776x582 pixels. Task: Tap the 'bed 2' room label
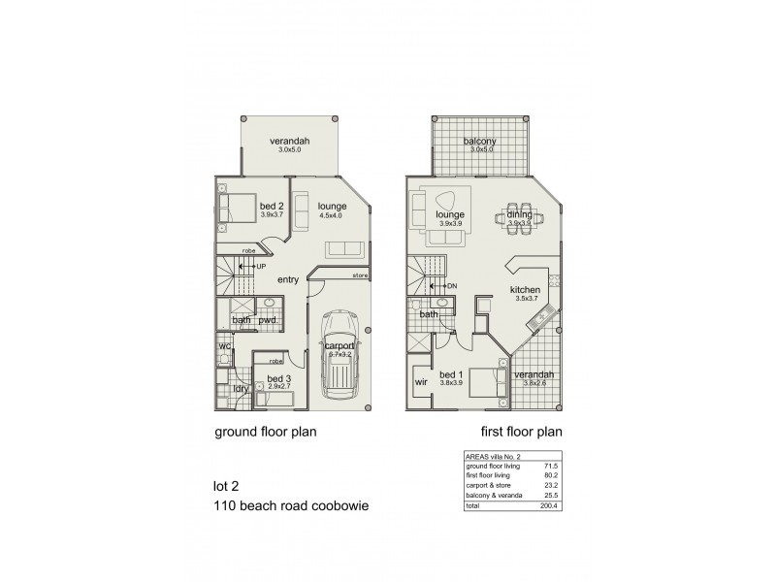272,206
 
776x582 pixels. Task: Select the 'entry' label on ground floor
288,280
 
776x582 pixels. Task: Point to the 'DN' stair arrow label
450,286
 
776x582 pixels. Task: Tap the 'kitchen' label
526,289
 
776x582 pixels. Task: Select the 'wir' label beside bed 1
421,383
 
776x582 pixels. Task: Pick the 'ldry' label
240,388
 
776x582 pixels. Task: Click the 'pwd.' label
269,321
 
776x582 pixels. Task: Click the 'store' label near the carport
360,275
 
